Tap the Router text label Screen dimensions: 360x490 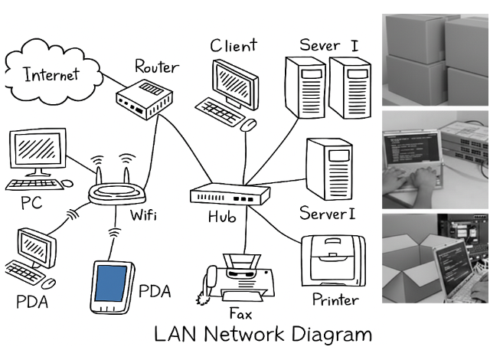[157, 67]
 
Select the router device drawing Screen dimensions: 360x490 [143, 102]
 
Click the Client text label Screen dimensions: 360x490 [234, 46]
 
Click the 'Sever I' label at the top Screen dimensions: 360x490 [328, 44]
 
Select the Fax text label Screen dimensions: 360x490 [240, 313]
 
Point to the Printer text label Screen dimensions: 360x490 [335, 299]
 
